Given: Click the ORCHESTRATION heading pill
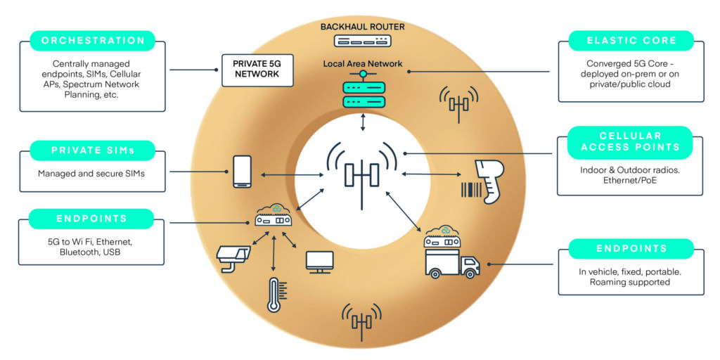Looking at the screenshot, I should [x=92, y=41].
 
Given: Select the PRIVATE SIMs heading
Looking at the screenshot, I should [x=92, y=150].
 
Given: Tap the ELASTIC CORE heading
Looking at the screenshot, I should [x=631, y=41].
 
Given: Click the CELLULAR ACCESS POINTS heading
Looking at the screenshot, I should [x=630, y=141].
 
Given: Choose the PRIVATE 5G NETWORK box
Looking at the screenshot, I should [x=257, y=69].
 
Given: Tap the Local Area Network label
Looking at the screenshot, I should [x=363, y=64].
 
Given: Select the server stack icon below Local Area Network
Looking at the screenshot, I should [x=362, y=93].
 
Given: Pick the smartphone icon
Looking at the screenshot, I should [x=242, y=171].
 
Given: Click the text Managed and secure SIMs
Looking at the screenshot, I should [x=91, y=173].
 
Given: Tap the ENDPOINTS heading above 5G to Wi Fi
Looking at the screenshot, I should [x=92, y=219].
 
